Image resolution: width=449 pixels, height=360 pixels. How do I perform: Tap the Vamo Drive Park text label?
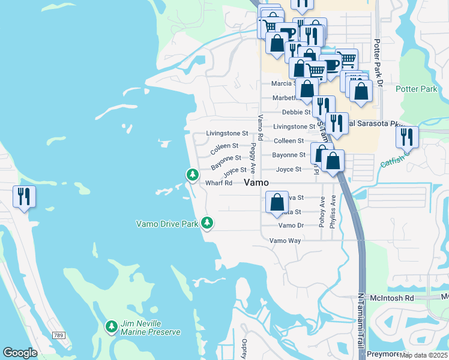[x=167, y=224]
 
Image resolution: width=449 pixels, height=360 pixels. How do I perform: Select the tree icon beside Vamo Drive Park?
[x=207, y=223]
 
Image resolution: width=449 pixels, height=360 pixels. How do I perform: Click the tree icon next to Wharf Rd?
[x=192, y=175]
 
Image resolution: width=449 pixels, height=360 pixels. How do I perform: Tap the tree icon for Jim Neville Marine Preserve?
[x=111, y=327]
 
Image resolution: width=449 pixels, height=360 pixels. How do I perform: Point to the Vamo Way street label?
[x=285, y=240]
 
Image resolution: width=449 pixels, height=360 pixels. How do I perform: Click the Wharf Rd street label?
[x=218, y=183]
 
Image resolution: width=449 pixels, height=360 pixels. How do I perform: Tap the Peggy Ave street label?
[x=254, y=158]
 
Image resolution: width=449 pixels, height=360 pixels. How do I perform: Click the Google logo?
[x=20, y=353]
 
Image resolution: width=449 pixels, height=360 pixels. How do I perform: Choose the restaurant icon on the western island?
[x=25, y=197]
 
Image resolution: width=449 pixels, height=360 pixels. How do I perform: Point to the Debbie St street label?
[x=297, y=112]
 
